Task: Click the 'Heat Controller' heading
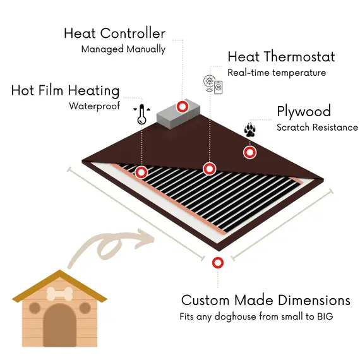[x=114, y=33]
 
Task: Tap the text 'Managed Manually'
[x=123, y=49]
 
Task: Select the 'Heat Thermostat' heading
[x=281, y=57]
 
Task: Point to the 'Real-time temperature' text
[x=277, y=73]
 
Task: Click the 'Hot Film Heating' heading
[x=66, y=91]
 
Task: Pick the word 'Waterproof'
[x=95, y=106]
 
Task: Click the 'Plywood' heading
[x=304, y=112]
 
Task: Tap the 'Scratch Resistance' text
[x=317, y=128]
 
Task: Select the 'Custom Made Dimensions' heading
[x=266, y=300]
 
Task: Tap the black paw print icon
[x=250, y=130]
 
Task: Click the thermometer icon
[x=141, y=114]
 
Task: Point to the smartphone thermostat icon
[x=219, y=87]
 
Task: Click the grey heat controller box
[x=178, y=114]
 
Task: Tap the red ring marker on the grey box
[x=183, y=107]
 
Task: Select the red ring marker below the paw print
[x=250, y=152]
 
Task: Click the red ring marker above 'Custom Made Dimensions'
[x=218, y=263]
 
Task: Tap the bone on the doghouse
[x=60, y=294]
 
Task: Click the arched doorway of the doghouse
[x=59, y=325]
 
